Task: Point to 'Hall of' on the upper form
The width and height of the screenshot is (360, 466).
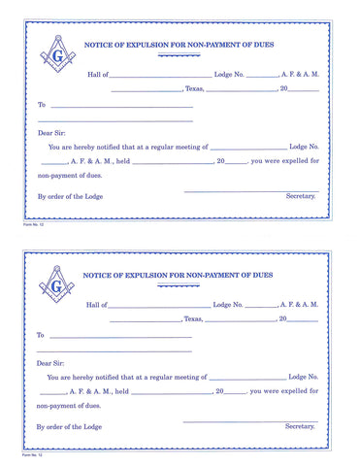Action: [x=97, y=74]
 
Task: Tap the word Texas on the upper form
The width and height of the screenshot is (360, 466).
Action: [x=193, y=88]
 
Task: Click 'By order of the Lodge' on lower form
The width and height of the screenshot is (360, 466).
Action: [x=72, y=426]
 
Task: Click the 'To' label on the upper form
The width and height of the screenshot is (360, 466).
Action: [x=41, y=105]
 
